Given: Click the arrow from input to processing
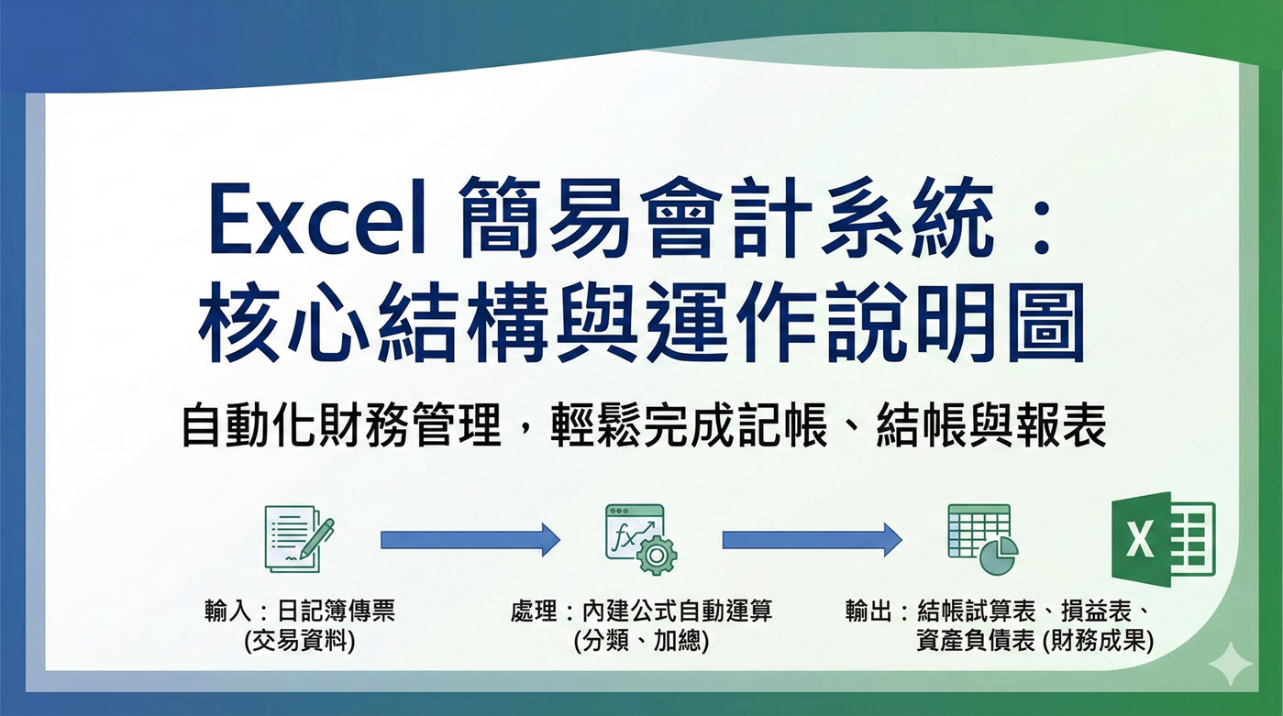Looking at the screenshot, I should [x=470, y=539].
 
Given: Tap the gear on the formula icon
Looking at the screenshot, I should [x=657, y=553].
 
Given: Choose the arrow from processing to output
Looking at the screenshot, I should [x=812, y=539].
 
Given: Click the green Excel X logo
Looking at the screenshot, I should [x=1162, y=538].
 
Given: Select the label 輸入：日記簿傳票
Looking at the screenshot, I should [x=301, y=611].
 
